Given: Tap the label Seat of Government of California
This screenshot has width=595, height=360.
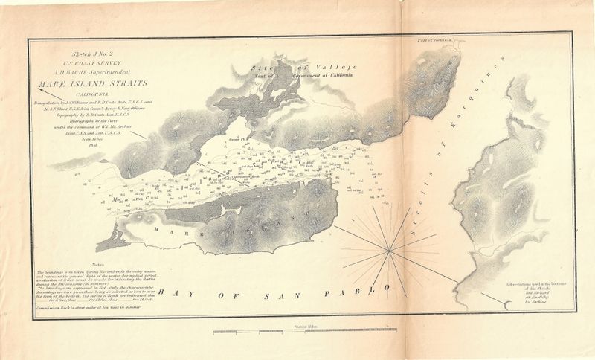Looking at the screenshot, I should point(305,76).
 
